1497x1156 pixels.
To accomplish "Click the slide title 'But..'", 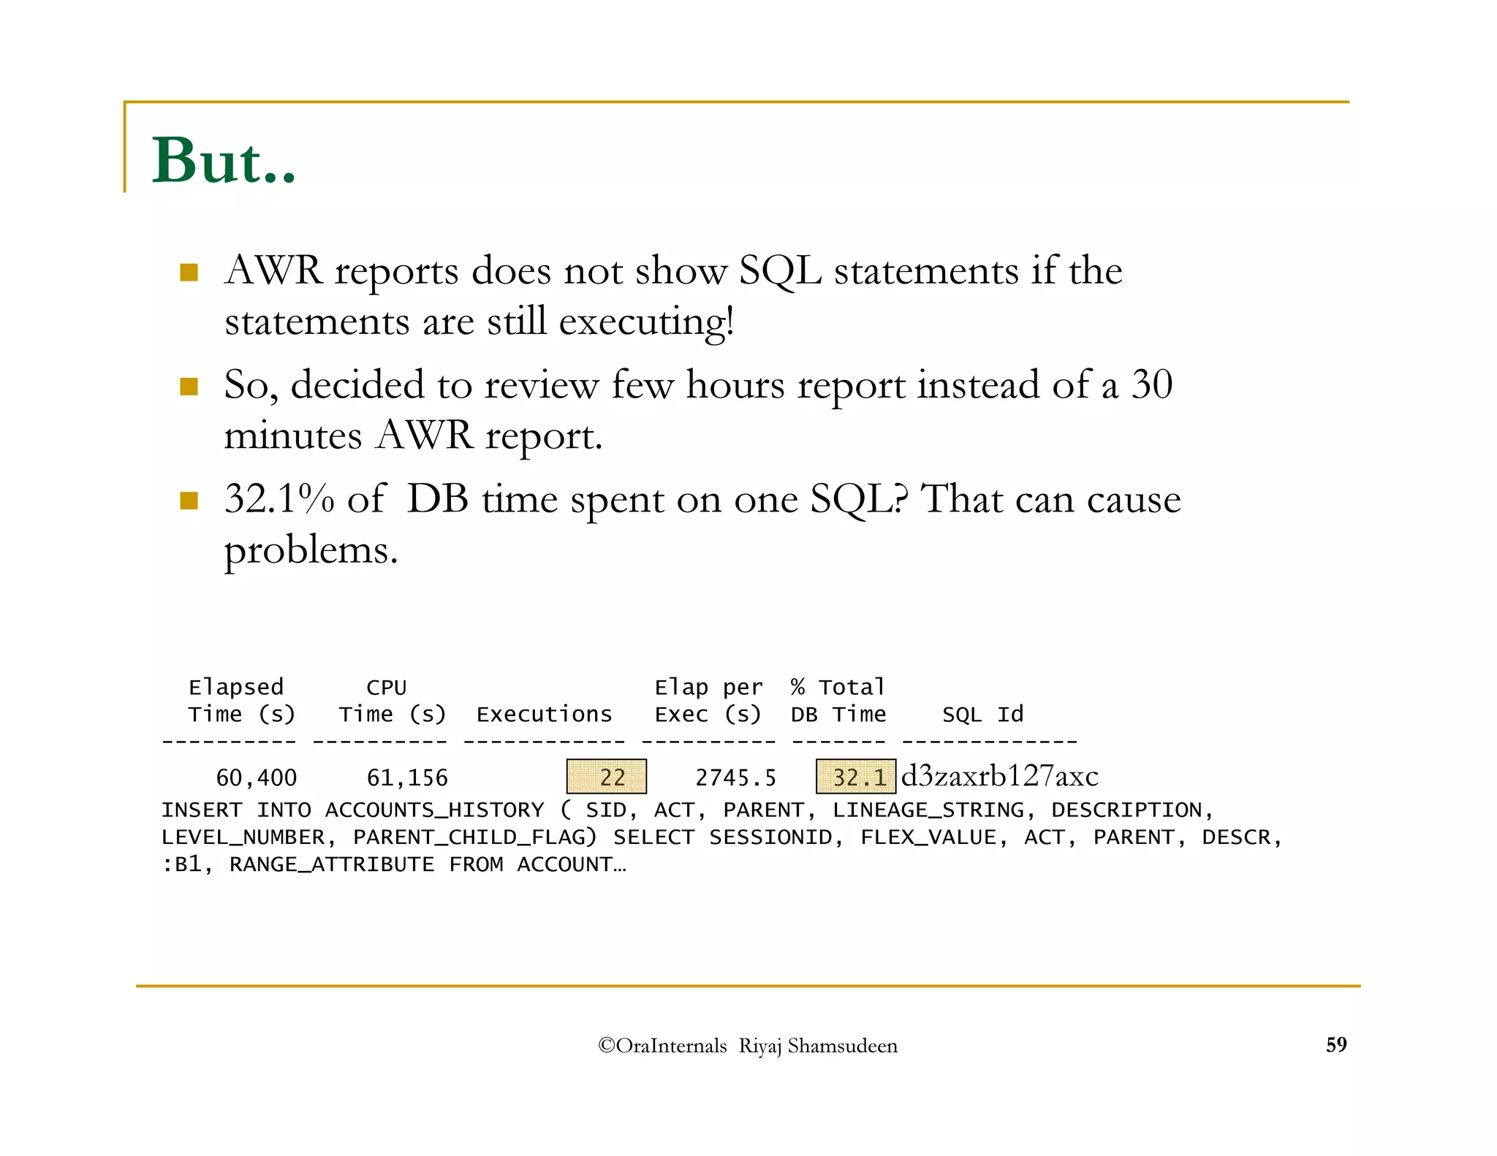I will point(224,161).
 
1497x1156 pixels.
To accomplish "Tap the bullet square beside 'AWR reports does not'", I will point(189,273).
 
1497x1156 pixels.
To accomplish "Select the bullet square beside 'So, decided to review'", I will point(189,386).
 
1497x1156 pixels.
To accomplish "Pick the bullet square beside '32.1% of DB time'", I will point(189,501).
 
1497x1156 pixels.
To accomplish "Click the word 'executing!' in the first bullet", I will point(646,322).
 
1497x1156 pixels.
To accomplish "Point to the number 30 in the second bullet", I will point(1152,384).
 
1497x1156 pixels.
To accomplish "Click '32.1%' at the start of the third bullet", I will point(279,499).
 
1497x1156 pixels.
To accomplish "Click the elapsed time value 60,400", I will point(256,777).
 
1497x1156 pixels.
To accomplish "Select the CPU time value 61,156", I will point(407,777).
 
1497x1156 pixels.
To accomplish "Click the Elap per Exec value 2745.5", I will point(735,777).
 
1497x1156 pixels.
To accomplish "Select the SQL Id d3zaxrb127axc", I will point(999,776).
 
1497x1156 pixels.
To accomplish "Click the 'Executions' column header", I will point(544,714).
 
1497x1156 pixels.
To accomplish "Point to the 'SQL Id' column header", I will point(982,714).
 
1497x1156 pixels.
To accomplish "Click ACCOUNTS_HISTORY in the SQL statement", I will point(434,810).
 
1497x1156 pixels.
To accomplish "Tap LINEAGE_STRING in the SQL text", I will point(928,810).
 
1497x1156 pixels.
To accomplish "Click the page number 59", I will point(1336,1044).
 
